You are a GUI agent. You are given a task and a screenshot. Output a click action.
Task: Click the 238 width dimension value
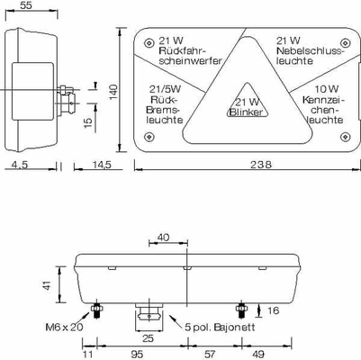pos(260,164)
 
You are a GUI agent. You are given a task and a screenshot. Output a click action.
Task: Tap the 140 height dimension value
pos(113,92)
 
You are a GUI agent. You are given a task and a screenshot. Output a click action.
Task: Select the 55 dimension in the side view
pos(26,5)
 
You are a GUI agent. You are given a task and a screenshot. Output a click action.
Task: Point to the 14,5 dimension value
pos(101,164)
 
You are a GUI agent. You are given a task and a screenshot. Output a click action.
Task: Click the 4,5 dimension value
pos(20,164)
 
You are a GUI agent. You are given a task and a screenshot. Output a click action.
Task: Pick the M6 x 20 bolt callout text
pos(64,327)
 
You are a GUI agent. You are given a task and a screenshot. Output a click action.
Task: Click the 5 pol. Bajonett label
pos(220,327)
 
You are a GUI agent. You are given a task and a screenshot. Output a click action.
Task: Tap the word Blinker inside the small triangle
pos(246,112)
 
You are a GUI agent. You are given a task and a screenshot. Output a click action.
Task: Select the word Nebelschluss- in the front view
pos(310,50)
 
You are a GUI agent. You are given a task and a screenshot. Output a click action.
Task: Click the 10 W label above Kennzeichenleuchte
pos(327,89)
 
